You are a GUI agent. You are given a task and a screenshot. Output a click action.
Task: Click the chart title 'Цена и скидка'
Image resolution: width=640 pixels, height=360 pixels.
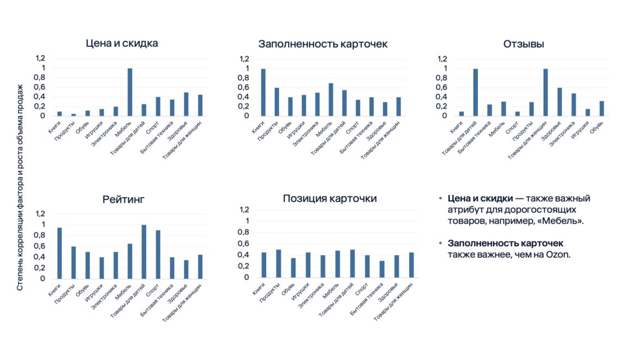coord(122,44)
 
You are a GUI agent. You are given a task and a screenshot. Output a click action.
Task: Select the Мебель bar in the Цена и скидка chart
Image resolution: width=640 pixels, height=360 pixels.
coord(130,92)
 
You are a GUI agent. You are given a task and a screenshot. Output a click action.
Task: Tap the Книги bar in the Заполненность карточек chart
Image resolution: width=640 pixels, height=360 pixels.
coord(263,92)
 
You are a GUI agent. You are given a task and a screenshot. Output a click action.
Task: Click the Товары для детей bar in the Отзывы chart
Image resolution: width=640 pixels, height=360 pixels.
coord(476,92)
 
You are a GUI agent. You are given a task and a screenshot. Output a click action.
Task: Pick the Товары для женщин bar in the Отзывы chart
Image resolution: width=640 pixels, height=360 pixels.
coord(546,92)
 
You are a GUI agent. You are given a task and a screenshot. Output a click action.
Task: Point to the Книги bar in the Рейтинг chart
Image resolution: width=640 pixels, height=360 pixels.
coord(59,253)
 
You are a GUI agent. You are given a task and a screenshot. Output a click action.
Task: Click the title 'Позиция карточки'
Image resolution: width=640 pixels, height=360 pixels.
coord(330,199)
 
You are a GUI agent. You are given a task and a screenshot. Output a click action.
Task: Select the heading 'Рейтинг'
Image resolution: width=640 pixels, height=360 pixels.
coord(122,199)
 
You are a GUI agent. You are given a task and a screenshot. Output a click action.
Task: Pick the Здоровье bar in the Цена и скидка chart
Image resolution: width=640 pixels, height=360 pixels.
coord(186,104)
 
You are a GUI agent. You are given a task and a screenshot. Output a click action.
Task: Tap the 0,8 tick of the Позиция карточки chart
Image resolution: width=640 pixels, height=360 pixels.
coord(244,232)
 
